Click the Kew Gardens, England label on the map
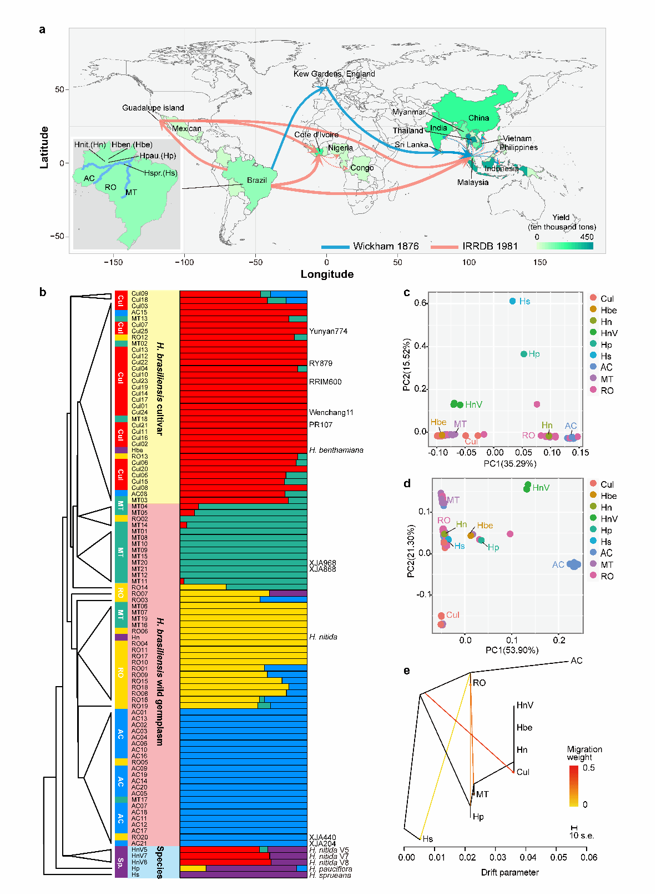pos(334,74)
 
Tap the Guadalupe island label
pos(153,108)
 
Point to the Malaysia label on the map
pos(473,182)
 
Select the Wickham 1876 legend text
pos(386,246)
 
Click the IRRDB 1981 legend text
pos(490,246)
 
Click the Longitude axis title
pos(327,274)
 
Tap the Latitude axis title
pos(44,148)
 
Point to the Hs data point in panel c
pos(512,301)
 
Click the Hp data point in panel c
pos(523,354)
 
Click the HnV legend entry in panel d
pos(609,519)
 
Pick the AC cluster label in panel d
pos(558,564)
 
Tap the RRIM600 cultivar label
pos(325,382)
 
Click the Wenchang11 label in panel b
pos(331,412)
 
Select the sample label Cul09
pos(139,293)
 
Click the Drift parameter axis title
pos(509,872)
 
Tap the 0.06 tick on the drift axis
pos(589,857)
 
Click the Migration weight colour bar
pos(574,786)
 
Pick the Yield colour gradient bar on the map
pos(564,246)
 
